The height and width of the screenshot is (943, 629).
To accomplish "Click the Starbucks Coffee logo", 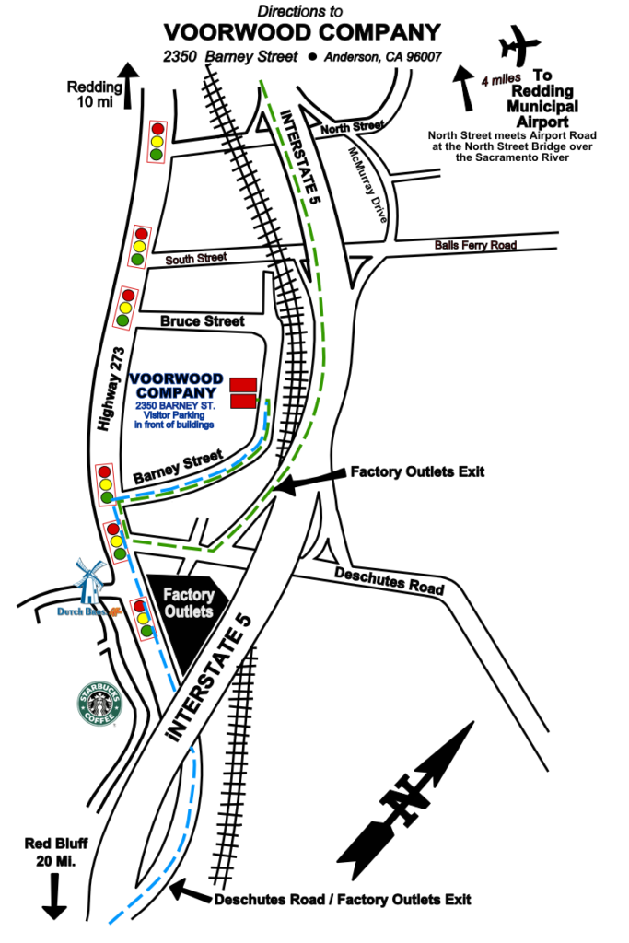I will pos(99,704).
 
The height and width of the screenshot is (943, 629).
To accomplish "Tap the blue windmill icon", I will pos(89,580).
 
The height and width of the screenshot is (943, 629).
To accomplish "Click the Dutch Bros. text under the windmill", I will pos(84,611).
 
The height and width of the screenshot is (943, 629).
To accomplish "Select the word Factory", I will pos(189,595).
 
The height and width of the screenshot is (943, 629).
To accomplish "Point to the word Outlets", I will pos(189,611).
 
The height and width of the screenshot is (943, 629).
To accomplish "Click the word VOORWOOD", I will pos(176,378).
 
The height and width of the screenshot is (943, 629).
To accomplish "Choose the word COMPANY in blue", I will pos(176,393).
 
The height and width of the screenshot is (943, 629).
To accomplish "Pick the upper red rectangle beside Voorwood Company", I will pos(243,385).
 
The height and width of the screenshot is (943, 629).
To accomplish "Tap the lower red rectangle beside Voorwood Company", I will pos(243,401).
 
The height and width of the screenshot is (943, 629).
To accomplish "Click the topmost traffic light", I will pos(157,142).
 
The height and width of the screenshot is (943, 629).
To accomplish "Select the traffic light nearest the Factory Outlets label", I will pos(143,619).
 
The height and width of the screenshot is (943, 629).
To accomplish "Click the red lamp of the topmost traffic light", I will pos(157,130).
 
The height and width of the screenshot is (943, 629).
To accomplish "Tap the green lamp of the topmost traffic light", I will pos(156,155).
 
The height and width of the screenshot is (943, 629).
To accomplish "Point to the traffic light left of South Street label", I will pos(139,247).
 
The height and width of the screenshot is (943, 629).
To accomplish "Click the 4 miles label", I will pos(501,80).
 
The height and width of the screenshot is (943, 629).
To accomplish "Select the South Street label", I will pos(196,259).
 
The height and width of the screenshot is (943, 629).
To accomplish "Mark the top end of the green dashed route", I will pos(262,82).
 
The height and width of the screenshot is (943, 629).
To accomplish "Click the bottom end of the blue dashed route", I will pos(110,923).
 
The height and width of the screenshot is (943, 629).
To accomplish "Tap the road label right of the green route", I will pos(475,246).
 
